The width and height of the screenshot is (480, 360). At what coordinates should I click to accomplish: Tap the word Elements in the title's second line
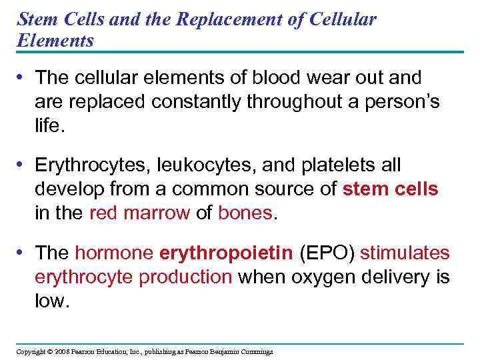[x=55, y=41]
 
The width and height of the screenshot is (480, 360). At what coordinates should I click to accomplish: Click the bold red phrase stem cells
[x=390, y=189]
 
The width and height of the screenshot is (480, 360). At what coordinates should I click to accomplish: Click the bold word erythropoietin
[x=226, y=253]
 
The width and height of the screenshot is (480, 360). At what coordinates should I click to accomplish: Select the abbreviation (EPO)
[x=328, y=253]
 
